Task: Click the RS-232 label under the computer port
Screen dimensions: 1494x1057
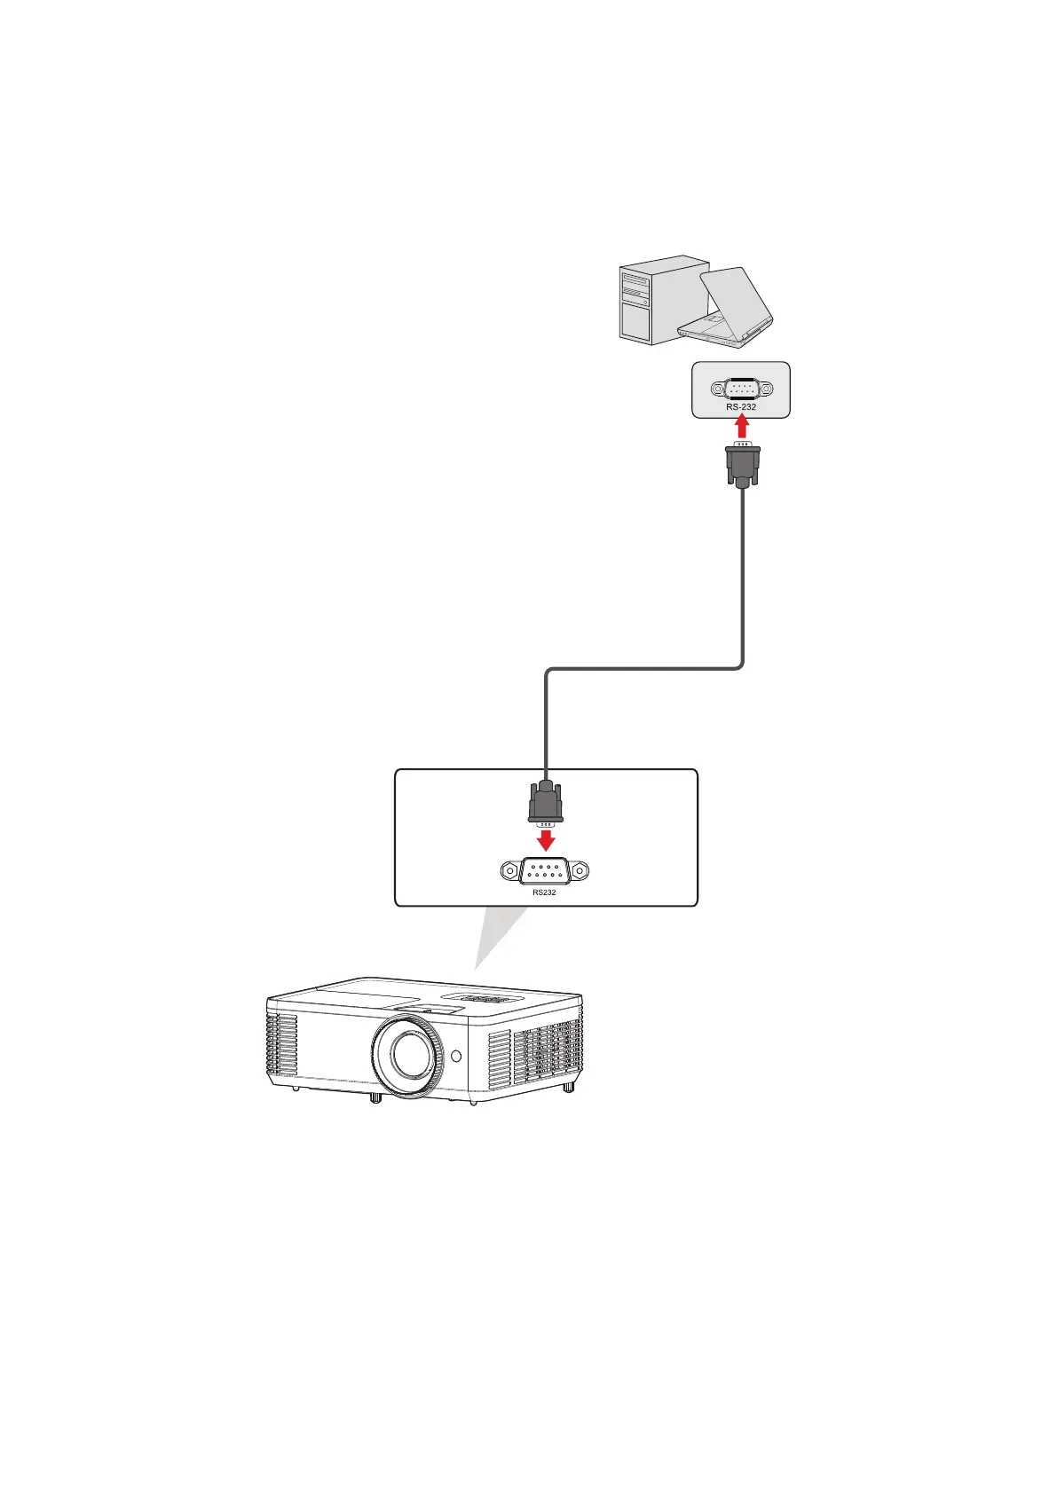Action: coord(741,407)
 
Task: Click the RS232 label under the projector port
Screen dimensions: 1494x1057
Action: coord(544,892)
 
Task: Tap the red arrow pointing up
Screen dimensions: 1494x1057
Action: coord(742,429)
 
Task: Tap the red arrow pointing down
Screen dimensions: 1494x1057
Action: coord(545,837)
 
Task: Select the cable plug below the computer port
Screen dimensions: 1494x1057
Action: coord(742,465)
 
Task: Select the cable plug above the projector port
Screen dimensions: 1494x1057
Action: coord(545,801)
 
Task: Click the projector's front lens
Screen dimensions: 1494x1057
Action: coord(406,1055)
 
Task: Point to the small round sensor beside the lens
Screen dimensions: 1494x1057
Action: coord(456,1057)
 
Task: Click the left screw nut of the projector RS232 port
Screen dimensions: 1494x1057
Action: coord(510,872)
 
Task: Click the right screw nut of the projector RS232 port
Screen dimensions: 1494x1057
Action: coord(579,872)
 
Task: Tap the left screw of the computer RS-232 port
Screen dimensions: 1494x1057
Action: coord(717,389)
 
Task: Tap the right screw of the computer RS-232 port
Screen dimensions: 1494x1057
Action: coord(766,389)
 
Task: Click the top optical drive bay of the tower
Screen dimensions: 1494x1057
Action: coord(635,279)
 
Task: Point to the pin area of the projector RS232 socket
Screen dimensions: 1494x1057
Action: coord(544,872)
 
